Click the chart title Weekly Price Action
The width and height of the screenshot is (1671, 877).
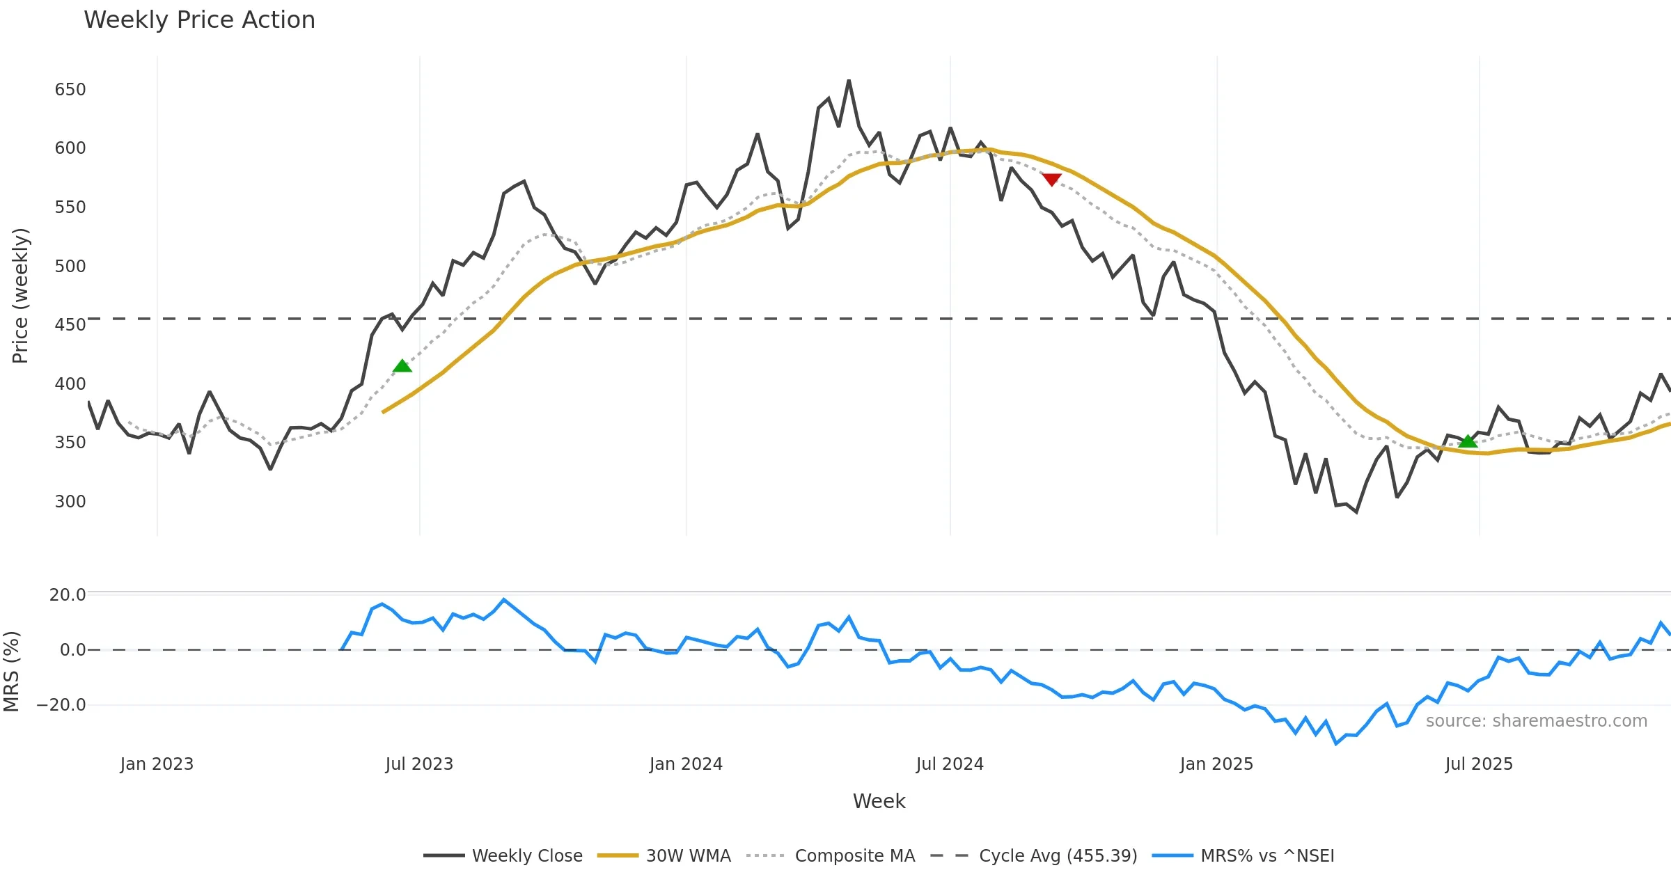(199, 20)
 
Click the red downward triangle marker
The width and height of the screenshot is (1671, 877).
(1051, 180)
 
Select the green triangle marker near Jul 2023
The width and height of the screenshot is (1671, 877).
(402, 366)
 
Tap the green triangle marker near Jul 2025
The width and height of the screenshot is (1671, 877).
(1468, 441)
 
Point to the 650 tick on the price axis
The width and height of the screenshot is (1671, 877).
(70, 90)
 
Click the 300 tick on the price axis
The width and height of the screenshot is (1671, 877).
(70, 502)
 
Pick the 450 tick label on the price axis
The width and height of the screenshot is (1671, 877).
(70, 325)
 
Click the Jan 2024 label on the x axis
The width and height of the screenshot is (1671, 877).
(686, 764)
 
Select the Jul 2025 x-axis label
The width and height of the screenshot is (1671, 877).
(1479, 764)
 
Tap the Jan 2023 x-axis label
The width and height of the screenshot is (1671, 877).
(157, 764)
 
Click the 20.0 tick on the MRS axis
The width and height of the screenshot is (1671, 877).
(68, 594)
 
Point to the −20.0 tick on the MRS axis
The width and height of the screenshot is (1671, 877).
(61, 705)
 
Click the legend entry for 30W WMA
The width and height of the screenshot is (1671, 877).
(688, 855)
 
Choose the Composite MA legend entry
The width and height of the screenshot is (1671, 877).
(854, 855)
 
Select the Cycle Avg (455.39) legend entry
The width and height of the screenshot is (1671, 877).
(1058, 855)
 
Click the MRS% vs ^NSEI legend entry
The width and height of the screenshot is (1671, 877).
(1267, 855)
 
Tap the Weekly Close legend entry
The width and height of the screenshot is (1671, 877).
(527, 855)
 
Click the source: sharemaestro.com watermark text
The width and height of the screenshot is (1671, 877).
(1536, 721)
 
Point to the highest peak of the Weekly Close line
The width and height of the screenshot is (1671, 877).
(849, 81)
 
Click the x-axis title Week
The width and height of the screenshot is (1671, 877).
(879, 802)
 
